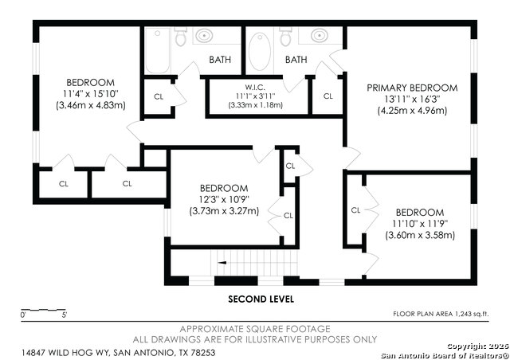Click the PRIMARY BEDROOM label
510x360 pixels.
(x=411, y=87)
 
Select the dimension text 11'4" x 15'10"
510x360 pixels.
(x=90, y=94)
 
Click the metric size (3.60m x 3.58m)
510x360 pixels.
(x=419, y=235)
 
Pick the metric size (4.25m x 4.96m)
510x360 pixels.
(x=412, y=111)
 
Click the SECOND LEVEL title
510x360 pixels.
(x=261, y=299)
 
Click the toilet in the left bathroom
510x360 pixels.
(x=180, y=37)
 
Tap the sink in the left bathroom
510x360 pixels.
(x=206, y=36)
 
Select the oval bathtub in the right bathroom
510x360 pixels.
(x=259, y=51)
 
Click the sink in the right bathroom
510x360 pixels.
(x=319, y=36)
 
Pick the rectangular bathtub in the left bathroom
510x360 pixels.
(x=154, y=51)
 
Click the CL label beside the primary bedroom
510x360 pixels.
(x=328, y=96)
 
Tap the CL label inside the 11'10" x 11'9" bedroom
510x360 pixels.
(x=356, y=210)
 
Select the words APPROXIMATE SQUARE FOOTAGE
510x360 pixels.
(x=253, y=328)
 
